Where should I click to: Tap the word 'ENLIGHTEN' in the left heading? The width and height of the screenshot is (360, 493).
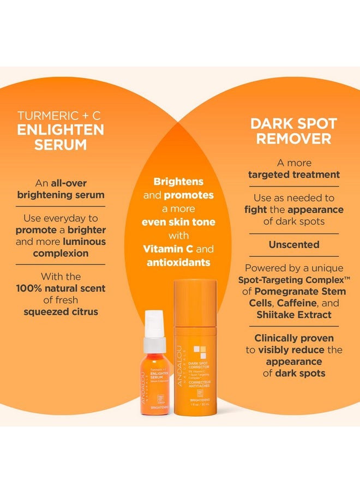(x=61, y=130)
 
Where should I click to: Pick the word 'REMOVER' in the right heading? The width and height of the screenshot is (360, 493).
(x=294, y=139)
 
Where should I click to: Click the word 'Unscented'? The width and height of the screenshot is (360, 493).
(x=294, y=245)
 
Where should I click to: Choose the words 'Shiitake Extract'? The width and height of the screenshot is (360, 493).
(x=294, y=315)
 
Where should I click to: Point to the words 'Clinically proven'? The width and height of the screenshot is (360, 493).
(x=294, y=338)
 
